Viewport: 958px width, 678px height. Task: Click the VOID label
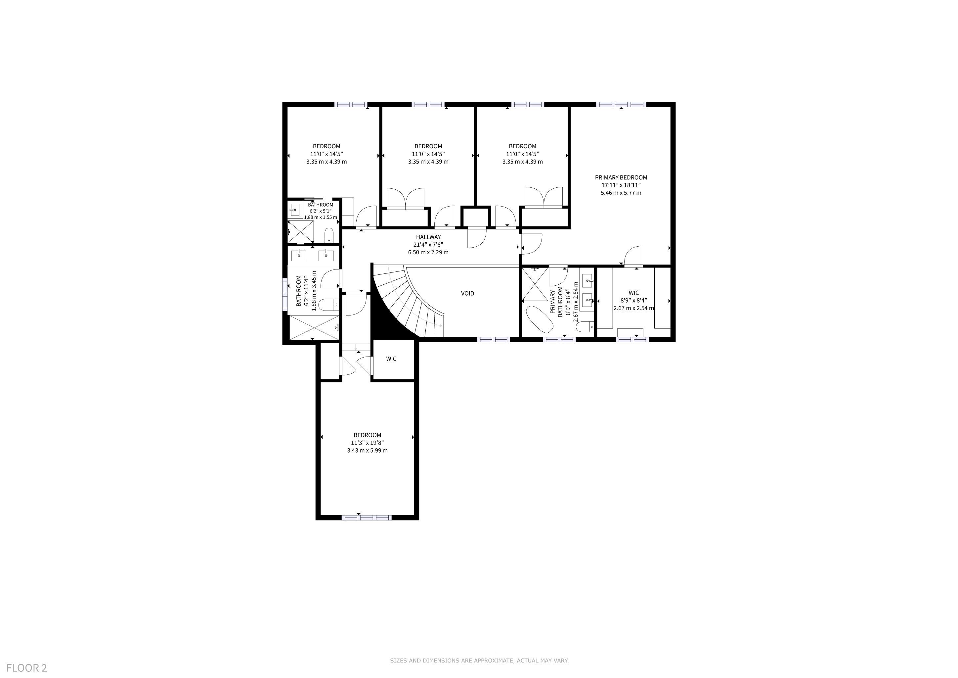[467, 294]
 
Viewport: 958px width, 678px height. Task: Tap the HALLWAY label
[428, 237]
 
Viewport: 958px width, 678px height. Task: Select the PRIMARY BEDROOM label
[621, 177]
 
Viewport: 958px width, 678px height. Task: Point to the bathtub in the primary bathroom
[538, 319]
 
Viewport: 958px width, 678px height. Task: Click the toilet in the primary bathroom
[585, 326]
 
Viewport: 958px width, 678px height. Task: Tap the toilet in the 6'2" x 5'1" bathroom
[329, 235]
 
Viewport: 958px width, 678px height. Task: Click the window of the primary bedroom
[621, 104]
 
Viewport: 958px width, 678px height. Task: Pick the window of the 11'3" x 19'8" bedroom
[366, 518]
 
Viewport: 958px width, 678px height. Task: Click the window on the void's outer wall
[494, 339]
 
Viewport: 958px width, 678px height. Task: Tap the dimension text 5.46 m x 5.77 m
[621, 193]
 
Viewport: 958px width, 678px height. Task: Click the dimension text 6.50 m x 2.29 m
[428, 253]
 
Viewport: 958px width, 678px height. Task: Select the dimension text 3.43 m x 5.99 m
[367, 451]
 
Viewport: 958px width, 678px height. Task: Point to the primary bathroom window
[559, 339]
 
